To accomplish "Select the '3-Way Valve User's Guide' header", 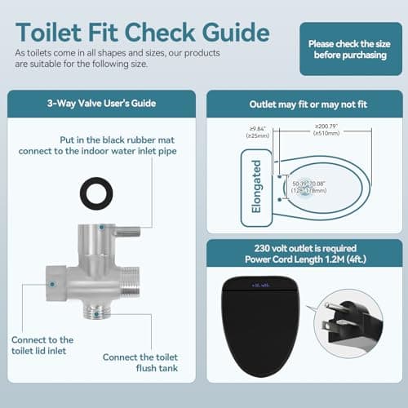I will click(101, 104).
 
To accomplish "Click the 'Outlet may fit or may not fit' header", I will click(303, 104).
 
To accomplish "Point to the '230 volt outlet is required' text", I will click(303, 251).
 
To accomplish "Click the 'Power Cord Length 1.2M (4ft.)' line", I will click(303, 262).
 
